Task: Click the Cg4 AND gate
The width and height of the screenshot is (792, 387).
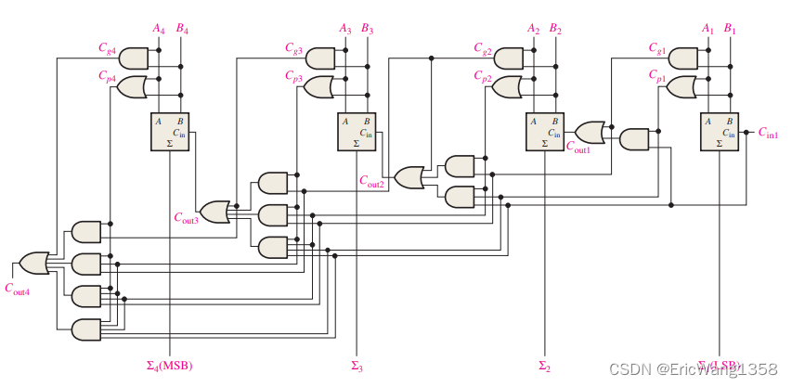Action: click(x=134, y=58)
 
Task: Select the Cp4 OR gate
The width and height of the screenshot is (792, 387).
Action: click(x=132, y=87)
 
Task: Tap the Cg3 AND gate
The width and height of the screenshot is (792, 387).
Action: click(x=320, y=58)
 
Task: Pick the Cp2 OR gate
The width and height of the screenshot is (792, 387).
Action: click(x=507, y=87)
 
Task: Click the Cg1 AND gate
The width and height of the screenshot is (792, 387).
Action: click(x=682, y=58)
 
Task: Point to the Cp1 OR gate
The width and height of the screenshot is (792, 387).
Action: click(x=681, y=87)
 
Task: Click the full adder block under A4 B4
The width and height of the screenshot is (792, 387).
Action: click(x=170, y=131)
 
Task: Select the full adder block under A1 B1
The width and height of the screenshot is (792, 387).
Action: click(x=720, y=131)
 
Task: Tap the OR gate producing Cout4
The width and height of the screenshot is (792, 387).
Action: click(x=34, y=263)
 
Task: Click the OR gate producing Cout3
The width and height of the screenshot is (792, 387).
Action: click(x=215, y=212)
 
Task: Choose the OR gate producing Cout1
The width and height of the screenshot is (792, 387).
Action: click(x=590, y=132)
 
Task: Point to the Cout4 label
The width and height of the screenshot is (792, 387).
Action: click(x=17, y=289)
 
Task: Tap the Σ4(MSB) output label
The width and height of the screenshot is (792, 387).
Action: click(x=169, y=365)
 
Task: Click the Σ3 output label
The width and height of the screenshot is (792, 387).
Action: click(x=357, y=365)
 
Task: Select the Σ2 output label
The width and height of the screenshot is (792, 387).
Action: click(x=544, y=365)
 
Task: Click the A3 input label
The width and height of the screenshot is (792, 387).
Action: click(x=345, y=29)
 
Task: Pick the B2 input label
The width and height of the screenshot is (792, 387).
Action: click(x=555, y=29)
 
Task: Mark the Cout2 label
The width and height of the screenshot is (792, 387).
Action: click(x=372, y=183)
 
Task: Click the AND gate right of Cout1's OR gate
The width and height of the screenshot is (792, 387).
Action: click(x=634, y=140)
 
